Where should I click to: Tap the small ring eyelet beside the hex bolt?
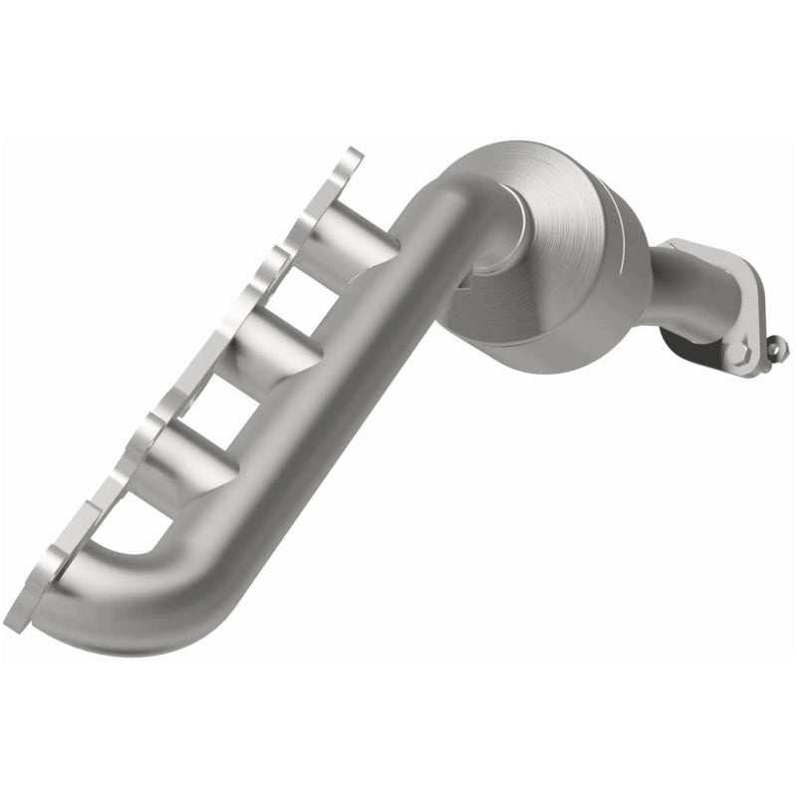click(x=777, y=348)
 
